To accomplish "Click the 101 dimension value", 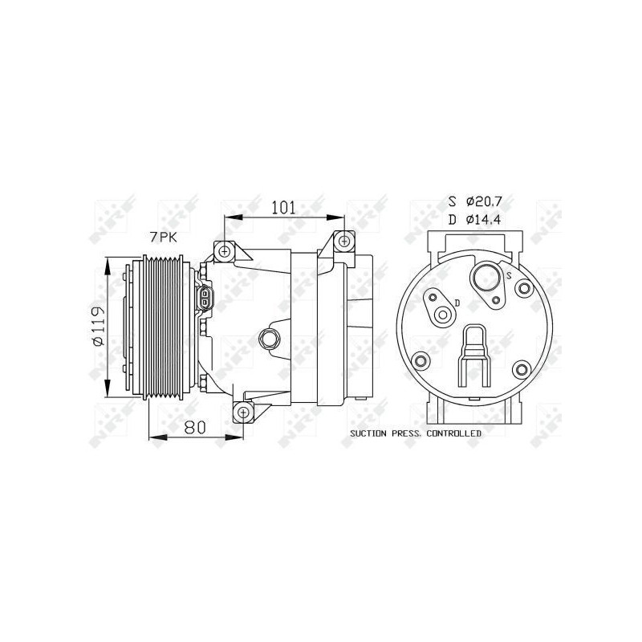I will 282,207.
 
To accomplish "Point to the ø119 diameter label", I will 98,327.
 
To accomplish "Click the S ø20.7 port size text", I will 481,201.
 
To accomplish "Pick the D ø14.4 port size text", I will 481,217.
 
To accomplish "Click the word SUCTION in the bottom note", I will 370,433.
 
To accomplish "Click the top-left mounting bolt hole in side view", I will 224,250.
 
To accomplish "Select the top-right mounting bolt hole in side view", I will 344,240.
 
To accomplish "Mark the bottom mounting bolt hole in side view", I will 243,413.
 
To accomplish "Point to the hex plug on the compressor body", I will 270,339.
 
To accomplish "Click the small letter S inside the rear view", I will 510,275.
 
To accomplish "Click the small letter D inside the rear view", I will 456,302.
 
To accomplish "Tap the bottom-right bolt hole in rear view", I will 523,369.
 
